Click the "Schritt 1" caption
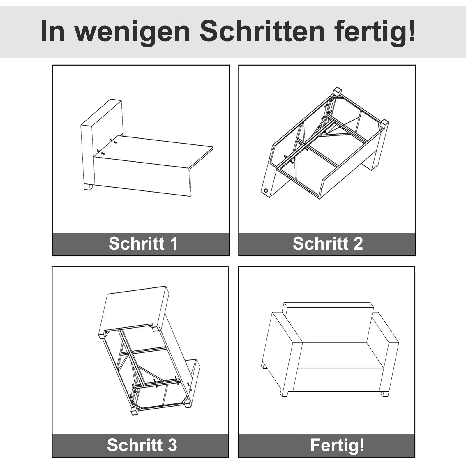pos(143,243)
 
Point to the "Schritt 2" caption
pos(328,243)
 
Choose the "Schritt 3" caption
pos(142,445)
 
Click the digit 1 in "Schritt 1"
pos(174,243)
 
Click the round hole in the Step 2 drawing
pos(266,191)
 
